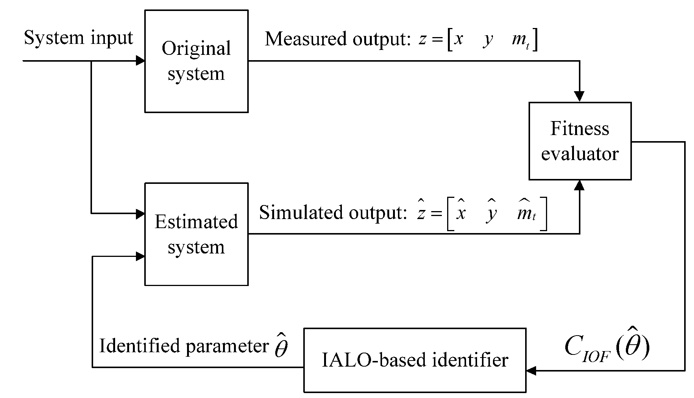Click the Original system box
coord(196,61)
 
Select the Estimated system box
coord(196,234)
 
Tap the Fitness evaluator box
coord(580,141)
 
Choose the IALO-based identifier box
coord(415,360)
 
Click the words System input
coord(78,38)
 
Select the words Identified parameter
coord(184,346)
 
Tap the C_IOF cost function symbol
coord(606,347)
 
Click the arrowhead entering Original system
coord(140,61)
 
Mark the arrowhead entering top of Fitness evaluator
coord(579,97)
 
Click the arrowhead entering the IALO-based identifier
coord(531,371)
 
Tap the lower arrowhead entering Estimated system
coord(140,257)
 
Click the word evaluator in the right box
coord(580,154)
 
